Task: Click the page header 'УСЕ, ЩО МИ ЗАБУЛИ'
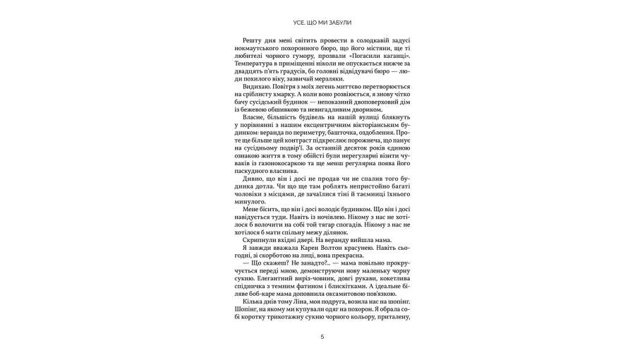(321, 23)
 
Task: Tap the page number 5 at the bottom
(322, 337)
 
